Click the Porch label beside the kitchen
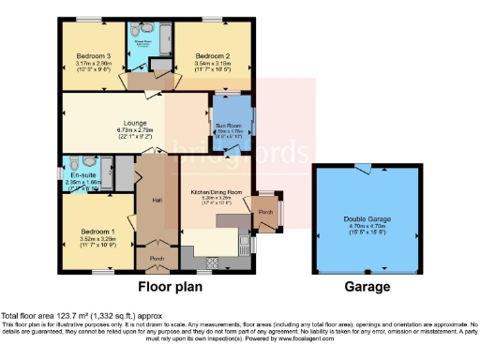pyautogui.click(x=265, y=211)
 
